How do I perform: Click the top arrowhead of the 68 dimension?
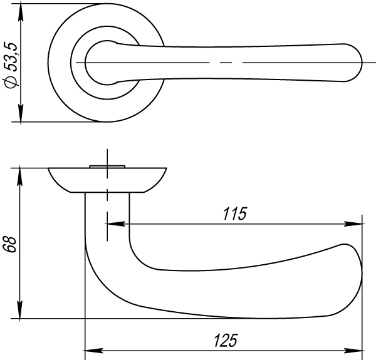(21, 175)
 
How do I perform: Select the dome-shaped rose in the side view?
(107, 179)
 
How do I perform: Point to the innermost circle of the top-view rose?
(100, 63)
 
